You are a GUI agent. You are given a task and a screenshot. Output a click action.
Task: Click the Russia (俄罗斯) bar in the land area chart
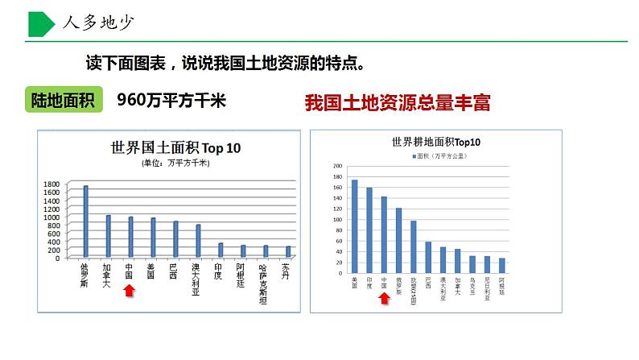pyautogui.click(x=86, y=221)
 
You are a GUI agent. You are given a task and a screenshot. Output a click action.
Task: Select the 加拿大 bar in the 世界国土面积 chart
pyautogui.click(x=108, y=236)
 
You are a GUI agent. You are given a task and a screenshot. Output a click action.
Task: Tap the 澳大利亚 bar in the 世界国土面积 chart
pyautogui.click(x=198, y=241)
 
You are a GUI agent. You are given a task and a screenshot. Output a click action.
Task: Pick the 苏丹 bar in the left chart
pyautogui.click(x=287, y=252)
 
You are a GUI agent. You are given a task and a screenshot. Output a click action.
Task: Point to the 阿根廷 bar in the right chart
pyautogui.click(x=501, y=265)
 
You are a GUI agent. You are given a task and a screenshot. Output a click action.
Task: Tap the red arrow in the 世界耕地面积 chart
pyautogui.click(x=384, y=299)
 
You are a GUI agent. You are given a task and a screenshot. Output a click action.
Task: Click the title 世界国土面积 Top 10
pyautogui.click(x=175, y=148)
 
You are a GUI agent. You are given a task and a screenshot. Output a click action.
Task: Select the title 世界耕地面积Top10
pyautogui.click(x=435, y=142)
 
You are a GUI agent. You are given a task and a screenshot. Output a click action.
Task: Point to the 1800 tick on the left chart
pyautogui.click(x=52, y=184)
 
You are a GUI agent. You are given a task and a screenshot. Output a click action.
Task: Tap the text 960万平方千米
pyautogui.click(x=172, y=100)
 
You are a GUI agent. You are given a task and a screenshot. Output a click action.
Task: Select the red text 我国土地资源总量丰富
pyautogui.click(x=398, y=102)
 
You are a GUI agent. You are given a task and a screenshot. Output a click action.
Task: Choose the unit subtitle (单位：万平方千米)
pyautogui.click(x=175, y=163)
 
